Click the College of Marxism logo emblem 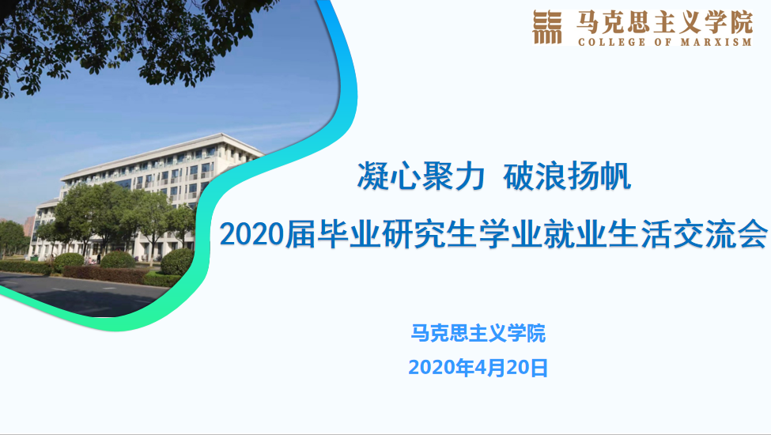click(546, 28)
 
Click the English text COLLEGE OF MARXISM click(665, 42)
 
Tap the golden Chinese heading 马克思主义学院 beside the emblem click(665, 22)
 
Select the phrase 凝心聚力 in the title click(421, 176)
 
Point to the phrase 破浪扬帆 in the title click(567, 176)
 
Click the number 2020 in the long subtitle click(251, 234)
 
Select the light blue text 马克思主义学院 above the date click(478, 333)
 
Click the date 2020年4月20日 click(478, 368)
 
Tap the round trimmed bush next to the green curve click(177, 262)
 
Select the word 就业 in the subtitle click(576, 233)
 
